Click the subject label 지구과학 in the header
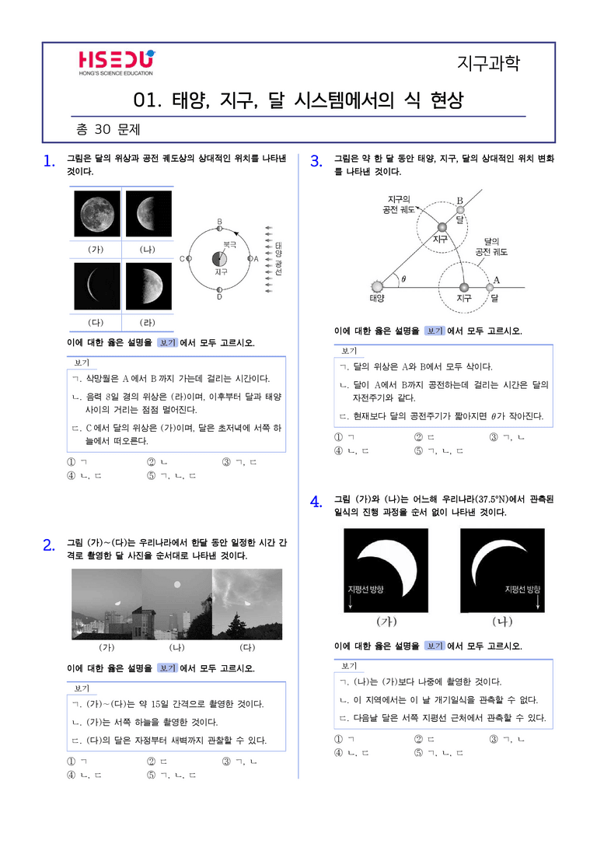[488, 63]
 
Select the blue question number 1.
[49, 161]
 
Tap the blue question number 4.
[316, 502]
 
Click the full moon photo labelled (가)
[97, 214]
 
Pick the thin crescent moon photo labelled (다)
[97, 286]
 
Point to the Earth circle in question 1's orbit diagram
[219, 258]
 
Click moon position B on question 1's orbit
[219, 229]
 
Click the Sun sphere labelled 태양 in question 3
[377, 286]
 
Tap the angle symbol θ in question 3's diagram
[403, 278]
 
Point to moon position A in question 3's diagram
[490, 288]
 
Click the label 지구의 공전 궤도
[399, 205]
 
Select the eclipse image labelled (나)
[502, 570]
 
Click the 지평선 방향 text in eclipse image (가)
[365, 590]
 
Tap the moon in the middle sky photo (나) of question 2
[177, 584]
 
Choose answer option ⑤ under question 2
[171, 775]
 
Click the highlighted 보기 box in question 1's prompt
[167, 342]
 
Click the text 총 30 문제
[108, 129]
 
